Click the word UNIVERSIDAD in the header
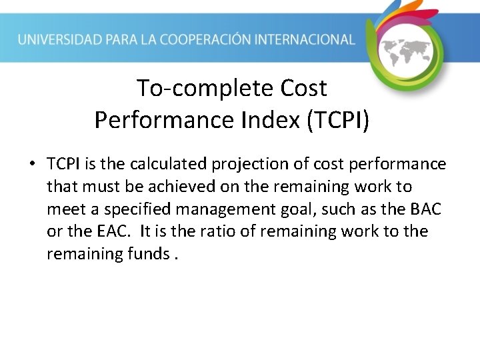60,39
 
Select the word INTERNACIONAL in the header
309,39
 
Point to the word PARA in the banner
125,39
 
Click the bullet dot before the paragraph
32,164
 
